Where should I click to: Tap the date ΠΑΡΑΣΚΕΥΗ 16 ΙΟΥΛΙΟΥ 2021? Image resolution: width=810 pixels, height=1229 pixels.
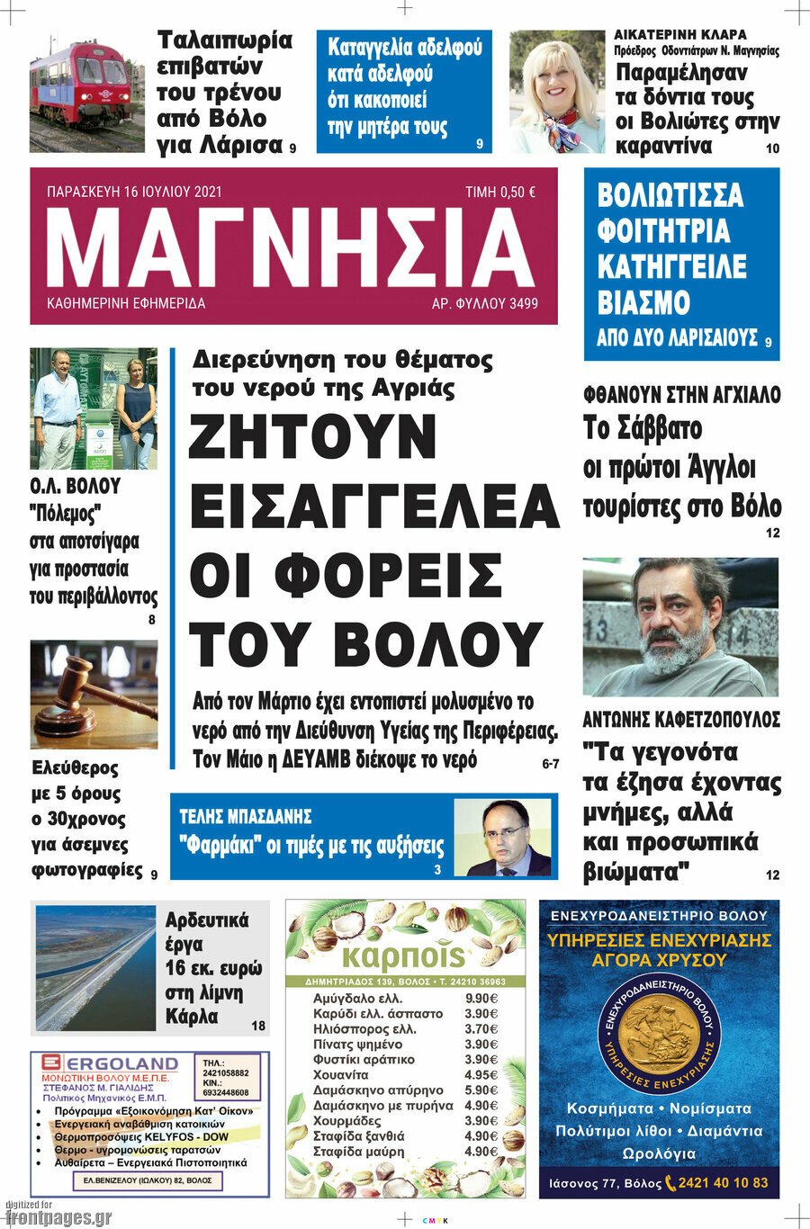pyautogui.click(x=134, y=192)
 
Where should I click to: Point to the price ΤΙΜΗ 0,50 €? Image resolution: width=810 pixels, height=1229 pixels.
pyautogui.click(x=500, y=192)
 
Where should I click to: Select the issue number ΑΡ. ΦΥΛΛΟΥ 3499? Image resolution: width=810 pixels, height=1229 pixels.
pyautogui.click(x=485, y=304)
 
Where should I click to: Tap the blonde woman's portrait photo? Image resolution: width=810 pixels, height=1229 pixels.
pyautogui.click(x=558, y=91)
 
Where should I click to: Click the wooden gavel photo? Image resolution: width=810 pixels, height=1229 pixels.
pyautogui.click(x=94, y=694)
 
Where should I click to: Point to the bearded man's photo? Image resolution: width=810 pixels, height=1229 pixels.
pyautogui.click(x=680, y=626)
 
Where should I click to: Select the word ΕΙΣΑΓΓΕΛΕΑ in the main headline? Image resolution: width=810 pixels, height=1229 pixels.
pyautogui.click(x=374, y=507)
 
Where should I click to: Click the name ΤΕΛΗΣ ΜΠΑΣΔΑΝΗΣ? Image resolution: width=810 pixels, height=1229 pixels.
pyautogui.click(x=246, y=816)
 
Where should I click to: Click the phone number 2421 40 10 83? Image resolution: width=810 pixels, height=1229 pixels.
pyautogui.click(x=724, y=1182)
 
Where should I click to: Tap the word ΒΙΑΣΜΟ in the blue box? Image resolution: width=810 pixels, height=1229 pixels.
pyautogui.click(x=643, y=302)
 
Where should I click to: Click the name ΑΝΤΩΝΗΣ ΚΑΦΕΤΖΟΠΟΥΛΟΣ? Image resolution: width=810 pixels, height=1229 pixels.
pyautogui.click(x=681, y=719)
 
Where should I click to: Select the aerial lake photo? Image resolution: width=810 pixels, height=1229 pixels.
pyautogui.click(x=96, y=967)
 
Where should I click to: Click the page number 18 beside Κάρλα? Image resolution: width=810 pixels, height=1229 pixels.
pyautogui.click(x=258, y=1025)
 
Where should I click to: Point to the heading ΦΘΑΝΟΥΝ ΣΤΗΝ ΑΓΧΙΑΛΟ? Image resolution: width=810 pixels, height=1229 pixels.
pyautogui.click(x=681, y=394)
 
